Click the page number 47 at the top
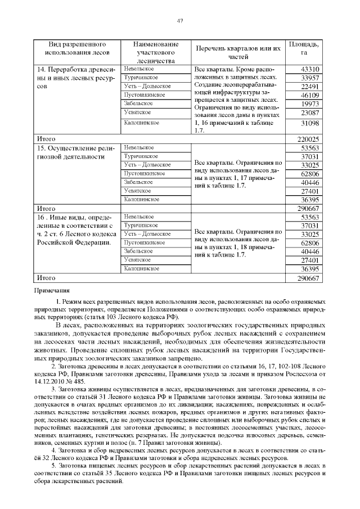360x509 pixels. tap(180, 21)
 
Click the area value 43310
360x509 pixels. tap(310, 69)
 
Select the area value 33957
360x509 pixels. tap(310, 78)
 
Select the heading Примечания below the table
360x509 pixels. tap(52, 291)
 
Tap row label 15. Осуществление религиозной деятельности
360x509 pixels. tap(76, 152)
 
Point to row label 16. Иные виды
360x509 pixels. tap(76, 229)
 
